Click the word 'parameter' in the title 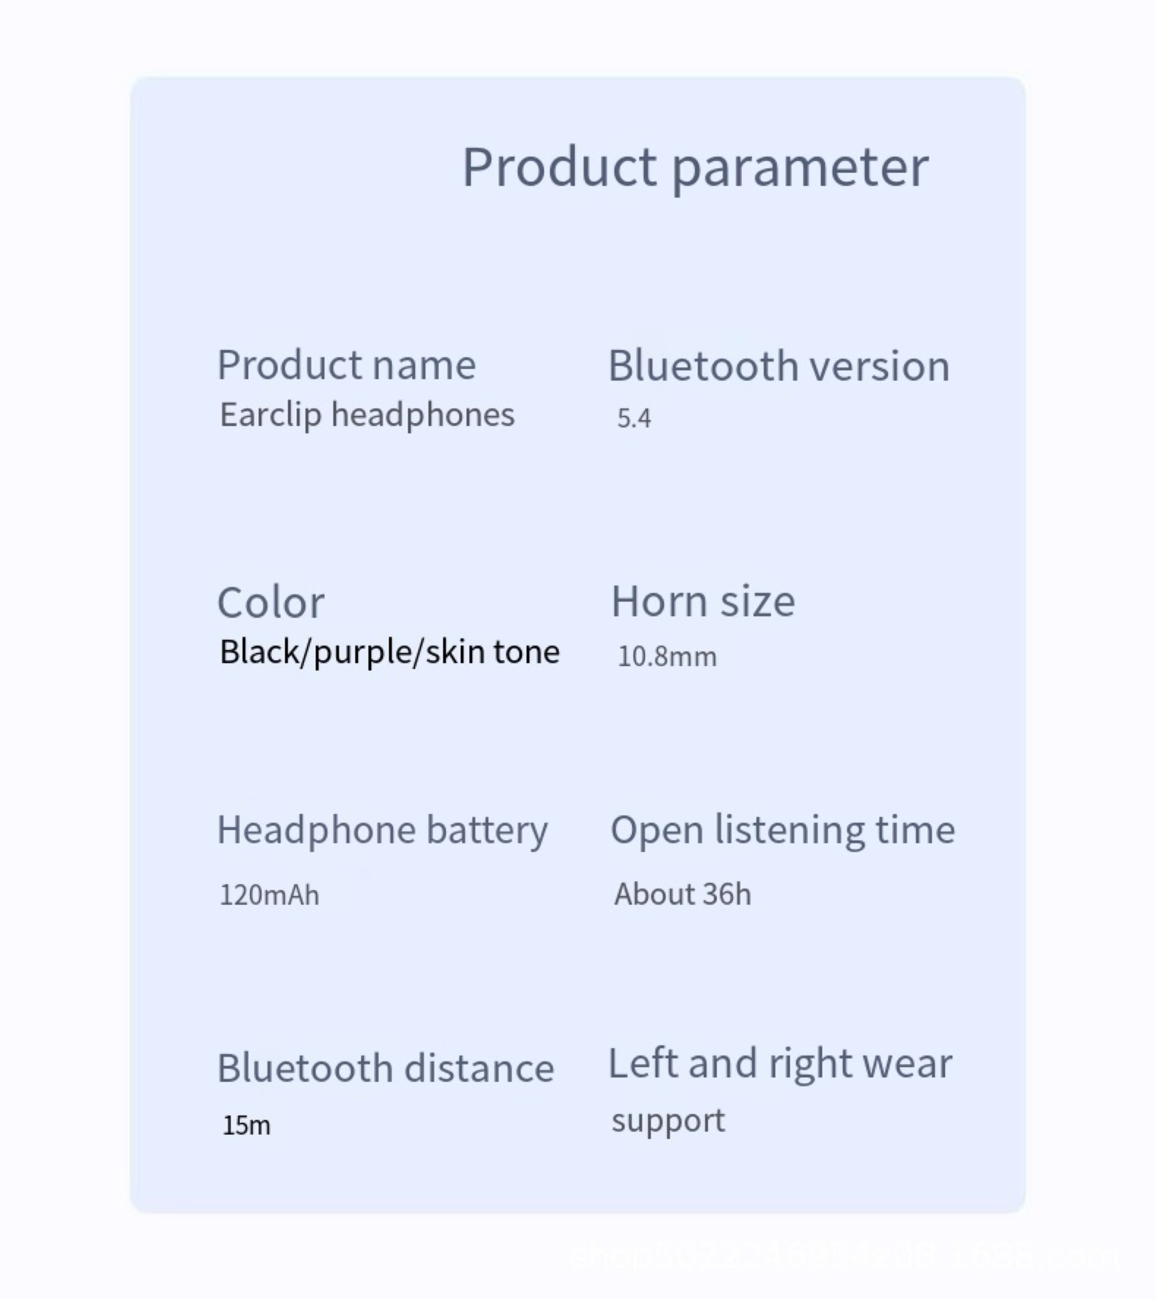tap(800, 168)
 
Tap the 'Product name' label tap(346, 366)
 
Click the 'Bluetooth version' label tap(778, 366)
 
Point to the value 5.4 tap(633, 419)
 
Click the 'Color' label tap(271, 603)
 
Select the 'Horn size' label tap(703, 601)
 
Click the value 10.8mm tap(667, 656)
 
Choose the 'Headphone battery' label tap(382, 830)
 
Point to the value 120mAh tap(269, 895)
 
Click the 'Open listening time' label tap(782, 830)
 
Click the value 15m tap(246, 1125)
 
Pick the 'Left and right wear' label tap(780, 1064)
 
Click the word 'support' tap(668, 1120)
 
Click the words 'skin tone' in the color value tap(492, 652)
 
